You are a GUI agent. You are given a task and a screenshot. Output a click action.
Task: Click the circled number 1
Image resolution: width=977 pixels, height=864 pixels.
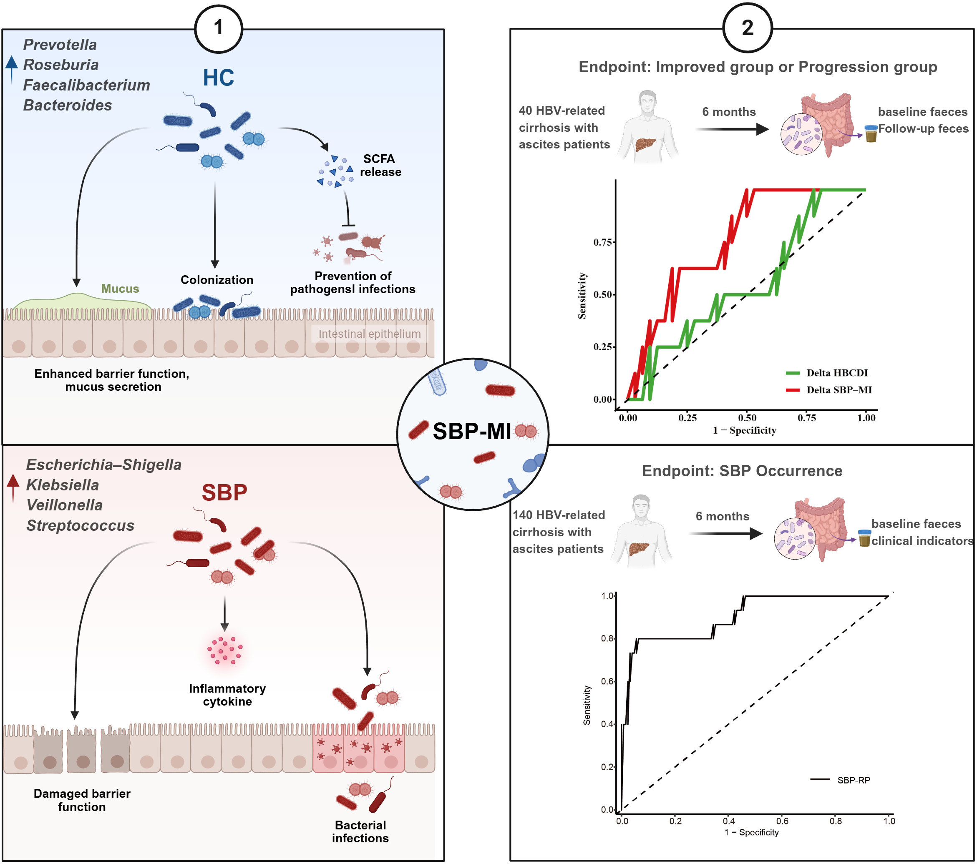click(219, 28)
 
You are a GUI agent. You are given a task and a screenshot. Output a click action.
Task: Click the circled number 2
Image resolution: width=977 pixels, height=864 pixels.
click(747, 28)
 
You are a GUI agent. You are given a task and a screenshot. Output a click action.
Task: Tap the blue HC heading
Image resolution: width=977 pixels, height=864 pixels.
click(219, 78)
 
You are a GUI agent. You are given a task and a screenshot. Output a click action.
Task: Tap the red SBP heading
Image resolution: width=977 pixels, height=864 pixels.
click(224, 492)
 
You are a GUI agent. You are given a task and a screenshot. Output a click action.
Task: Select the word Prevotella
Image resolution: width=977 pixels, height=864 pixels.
click(60, 45)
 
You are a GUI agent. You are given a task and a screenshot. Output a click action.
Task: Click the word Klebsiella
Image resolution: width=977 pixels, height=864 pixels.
click(62, 485)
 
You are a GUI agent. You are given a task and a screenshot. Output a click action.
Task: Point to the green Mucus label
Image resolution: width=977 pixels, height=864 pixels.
click(120, 289)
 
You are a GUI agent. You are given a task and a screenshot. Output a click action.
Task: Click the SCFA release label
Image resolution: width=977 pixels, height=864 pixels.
click(380, 166)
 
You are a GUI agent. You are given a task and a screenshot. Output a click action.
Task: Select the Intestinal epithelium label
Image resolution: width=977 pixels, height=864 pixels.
click(370, 334)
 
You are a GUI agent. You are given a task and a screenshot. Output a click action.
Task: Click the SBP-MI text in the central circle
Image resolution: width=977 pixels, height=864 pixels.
click(472, 432)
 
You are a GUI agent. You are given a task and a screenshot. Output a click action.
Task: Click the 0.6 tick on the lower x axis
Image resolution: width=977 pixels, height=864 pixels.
click(782, 821)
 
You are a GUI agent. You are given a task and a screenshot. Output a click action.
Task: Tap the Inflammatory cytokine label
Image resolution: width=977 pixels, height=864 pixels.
click(227, 695)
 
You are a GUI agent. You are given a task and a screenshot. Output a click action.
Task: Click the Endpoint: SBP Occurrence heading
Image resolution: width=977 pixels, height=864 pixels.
click(742, 471)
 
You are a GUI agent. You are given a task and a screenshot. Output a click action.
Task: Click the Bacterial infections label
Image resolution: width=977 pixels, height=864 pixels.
click(360, 831)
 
